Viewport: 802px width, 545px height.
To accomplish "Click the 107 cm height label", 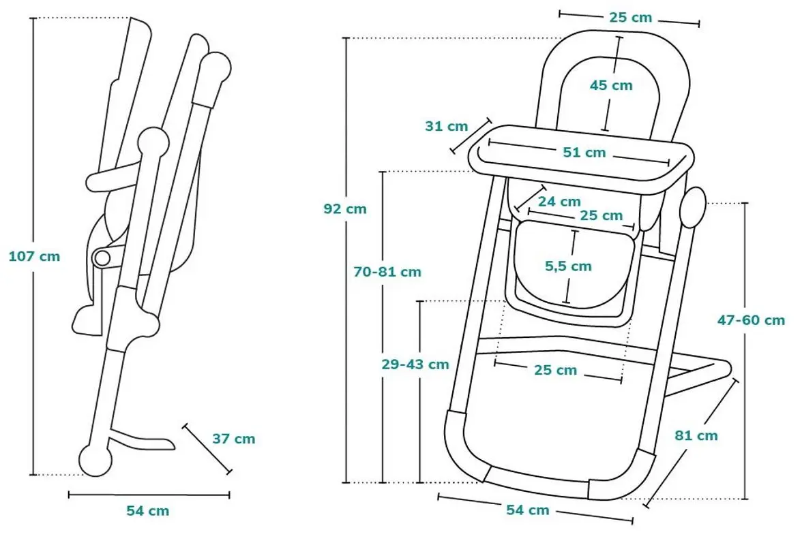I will coord(34,257).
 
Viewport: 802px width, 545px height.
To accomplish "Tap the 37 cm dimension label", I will coord(234,439).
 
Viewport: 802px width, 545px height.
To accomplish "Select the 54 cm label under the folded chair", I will coord(148,510).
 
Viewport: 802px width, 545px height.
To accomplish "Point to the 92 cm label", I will coord(345,209).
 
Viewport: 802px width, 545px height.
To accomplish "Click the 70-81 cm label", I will coord(387,272).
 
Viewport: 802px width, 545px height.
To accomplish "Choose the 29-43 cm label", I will coord(415,364).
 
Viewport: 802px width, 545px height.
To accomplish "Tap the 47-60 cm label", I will coord(752,320).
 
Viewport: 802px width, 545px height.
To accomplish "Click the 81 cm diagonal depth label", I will coord(697,435).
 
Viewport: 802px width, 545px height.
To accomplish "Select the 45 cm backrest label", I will coord(611,85).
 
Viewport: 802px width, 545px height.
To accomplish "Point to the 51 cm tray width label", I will coord(584,153).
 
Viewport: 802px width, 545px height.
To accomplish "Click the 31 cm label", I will coord(447,126).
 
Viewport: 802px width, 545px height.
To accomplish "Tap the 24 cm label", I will coord(559,202).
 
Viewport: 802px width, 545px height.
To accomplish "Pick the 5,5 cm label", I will coord(568,266).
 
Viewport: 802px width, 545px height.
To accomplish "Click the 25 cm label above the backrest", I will coord(631,18).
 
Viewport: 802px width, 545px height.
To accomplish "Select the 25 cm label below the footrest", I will coord(556,371).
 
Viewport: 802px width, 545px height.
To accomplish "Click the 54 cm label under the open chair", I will coord(528,510).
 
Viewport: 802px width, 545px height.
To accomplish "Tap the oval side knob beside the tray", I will coord(693,207).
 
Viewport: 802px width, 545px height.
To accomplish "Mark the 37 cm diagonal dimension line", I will coord(207,448).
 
